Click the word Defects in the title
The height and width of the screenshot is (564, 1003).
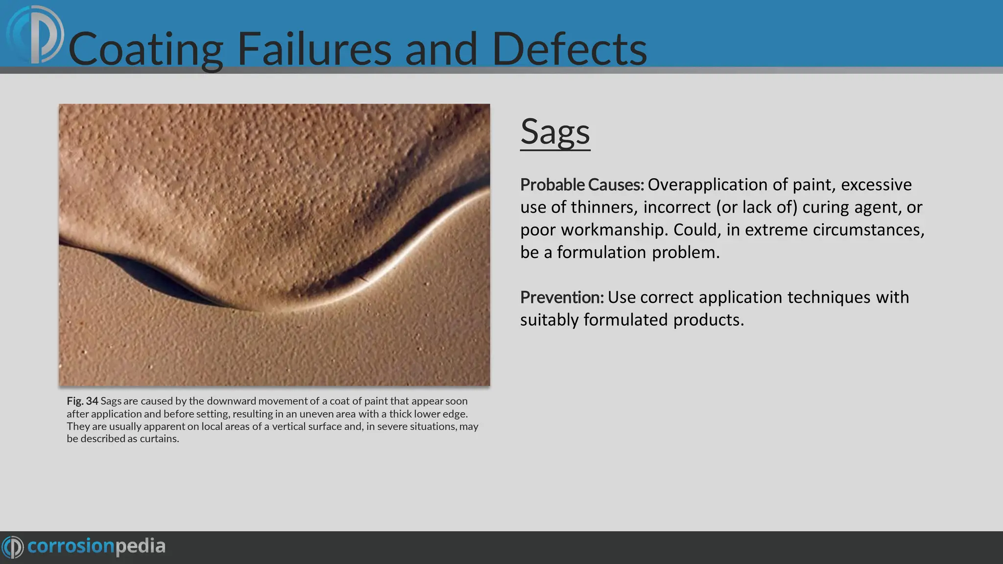[x=569, y=49]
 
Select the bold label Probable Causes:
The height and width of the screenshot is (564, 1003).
[x=582, y=185]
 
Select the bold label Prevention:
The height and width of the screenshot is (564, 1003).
[x=562, y=298]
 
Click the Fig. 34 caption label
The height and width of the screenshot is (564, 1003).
[x=82, y=401]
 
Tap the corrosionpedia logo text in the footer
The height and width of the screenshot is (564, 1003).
[x=96, y=546]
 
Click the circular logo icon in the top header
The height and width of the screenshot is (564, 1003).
[x=35, y=34]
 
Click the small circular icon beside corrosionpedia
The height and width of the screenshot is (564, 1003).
[x=13, y=547]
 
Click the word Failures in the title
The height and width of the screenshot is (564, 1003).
[x=314, y=49]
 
